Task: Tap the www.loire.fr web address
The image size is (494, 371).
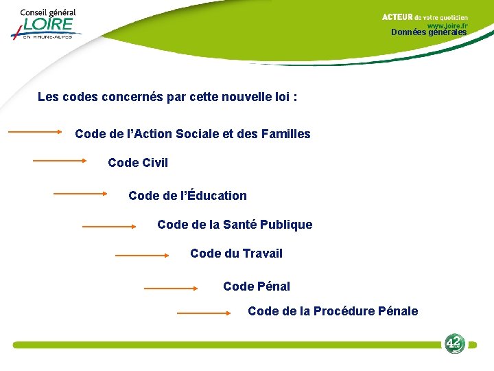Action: (447, 25)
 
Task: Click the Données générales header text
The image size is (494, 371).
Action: (429, 32)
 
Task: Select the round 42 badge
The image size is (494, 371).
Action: (454, 343)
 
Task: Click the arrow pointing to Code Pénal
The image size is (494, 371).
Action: (170, 289)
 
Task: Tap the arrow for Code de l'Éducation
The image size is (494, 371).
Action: (80, 194)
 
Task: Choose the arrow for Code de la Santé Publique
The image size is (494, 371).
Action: (109, 225)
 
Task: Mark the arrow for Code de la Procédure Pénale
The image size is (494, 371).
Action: (204, 313)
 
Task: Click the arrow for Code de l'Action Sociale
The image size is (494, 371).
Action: (35, 132)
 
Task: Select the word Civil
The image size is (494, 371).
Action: (154, 163)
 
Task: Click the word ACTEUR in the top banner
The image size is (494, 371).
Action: (397, 17)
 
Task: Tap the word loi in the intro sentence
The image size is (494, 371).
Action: (281, 97)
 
